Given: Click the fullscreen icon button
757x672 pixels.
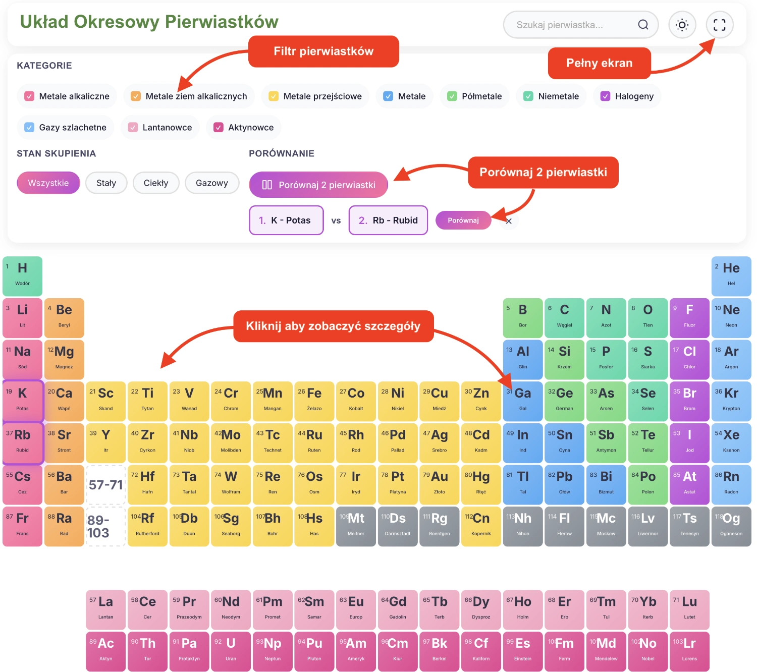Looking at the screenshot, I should tap(719, 25).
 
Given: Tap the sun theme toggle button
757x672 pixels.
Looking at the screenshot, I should tap(682, 25).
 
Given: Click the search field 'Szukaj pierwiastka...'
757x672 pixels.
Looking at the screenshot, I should tap(575, 25).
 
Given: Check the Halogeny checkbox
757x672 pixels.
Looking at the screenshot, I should tap(606, 96).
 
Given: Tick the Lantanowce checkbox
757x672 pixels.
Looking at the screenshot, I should tap(133, 128).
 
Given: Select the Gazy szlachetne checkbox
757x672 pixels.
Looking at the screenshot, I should tap(29, 128).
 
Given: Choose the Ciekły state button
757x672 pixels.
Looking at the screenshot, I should tap(155, 183).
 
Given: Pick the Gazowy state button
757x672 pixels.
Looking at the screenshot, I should tap(211, 183).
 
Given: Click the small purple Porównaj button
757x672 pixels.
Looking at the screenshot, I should tap(463, 220).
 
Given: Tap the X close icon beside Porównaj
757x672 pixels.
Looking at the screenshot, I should tap(509, 221).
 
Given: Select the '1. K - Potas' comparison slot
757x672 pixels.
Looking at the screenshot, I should tap(286, 220).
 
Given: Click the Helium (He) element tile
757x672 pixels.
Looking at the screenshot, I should tap(731, 276).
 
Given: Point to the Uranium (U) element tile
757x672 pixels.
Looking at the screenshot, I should tap(231, 651).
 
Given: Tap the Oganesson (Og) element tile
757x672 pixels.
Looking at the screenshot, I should tap(731, 526).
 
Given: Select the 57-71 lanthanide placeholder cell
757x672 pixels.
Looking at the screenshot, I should tap(106, 484).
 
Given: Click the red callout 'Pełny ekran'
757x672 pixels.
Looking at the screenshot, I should tap(599, 63).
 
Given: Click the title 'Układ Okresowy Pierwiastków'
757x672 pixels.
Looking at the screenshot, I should tap(149, 22).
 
